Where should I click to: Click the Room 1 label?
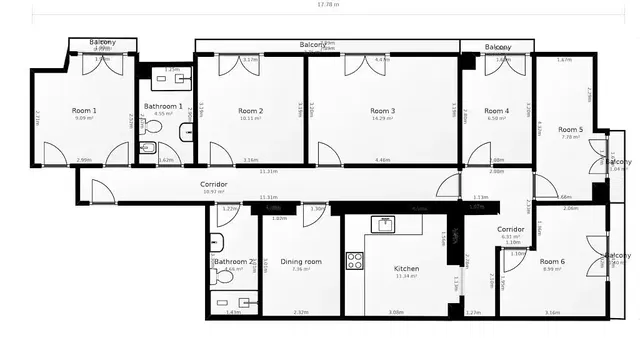click(x=84, y=110)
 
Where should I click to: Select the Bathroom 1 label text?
click(x=163, y=106)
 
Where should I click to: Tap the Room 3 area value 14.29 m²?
click(x=382, y=119)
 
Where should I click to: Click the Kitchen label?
click(x=405, y=268)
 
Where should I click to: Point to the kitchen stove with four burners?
click(x=355, y=261)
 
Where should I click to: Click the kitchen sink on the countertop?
click(x=383, y=224)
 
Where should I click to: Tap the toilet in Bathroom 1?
click(x=187, y=133)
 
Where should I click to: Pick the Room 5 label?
click(x=570, y=129)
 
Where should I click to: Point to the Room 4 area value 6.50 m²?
click(x=496, y=119)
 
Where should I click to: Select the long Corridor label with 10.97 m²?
click(x=213, y=185)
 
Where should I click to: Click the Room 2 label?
click(x=250, y=110)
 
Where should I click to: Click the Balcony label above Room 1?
click(x=102, y=43)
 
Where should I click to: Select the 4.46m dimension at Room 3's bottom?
click(x=382, y=160)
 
